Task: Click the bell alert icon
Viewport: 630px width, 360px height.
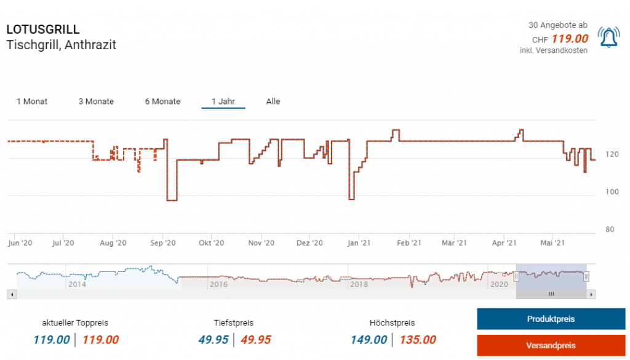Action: click(608, 38)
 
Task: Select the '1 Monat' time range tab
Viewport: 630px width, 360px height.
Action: click(32, 102)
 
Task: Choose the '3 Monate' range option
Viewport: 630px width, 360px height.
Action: click(96, 102)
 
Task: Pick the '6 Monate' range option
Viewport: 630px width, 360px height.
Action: click(162, 102)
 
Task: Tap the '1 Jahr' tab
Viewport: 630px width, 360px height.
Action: click(223, 102)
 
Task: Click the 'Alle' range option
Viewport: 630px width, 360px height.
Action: click(273, 102)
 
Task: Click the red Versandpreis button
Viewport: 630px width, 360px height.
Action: click(551, 345)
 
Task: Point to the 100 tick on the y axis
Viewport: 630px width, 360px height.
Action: click(610, 192)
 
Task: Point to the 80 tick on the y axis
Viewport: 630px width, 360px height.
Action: click(610, 230)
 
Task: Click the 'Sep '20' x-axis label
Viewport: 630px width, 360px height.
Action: click(162, 243)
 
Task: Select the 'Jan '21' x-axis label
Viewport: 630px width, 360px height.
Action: click(358, 243)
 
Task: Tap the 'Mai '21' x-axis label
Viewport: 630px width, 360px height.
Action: click(552, 243)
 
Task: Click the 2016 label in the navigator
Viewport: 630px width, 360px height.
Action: click(218, 284)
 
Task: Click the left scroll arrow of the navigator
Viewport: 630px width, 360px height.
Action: click(11, 295)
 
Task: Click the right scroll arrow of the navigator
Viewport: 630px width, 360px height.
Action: click(592, 295)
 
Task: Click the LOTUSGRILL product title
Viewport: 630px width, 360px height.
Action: click(43, 30)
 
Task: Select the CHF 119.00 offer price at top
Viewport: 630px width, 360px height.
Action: click(569, 39)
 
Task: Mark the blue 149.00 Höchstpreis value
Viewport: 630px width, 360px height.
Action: click(369, 340)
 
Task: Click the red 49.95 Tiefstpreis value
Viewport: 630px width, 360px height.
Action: click(255, 340)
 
